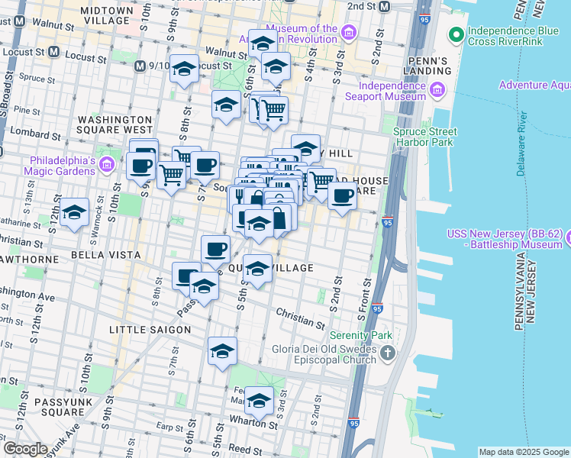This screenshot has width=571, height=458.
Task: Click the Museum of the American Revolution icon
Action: (x=349, y=32)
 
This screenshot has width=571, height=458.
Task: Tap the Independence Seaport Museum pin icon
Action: (x=438, y=91)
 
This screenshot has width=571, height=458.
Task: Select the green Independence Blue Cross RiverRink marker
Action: (x=456, y=34)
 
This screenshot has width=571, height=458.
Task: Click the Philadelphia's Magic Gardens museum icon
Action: (x=107, y=164)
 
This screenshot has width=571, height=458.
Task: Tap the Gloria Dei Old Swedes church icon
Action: (x=389, y=353)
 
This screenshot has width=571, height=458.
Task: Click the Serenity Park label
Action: (x=360, y=335)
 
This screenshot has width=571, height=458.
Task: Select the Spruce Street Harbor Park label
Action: (x=424, y=137)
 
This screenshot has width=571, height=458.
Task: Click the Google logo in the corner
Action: (x=25, y=449)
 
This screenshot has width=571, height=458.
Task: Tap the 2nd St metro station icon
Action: (x=384, y=7)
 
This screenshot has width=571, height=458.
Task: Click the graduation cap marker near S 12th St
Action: (x=74, y=213)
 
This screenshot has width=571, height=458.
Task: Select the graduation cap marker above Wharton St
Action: (x=260, y=399)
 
